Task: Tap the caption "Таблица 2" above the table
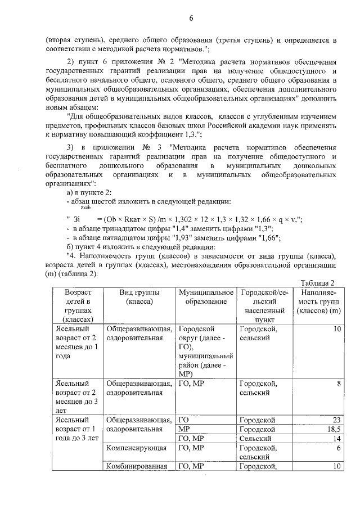[318, 282]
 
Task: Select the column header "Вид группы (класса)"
[139, 298]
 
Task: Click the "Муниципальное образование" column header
[206, 298]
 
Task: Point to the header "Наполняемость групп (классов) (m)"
[319, 302]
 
